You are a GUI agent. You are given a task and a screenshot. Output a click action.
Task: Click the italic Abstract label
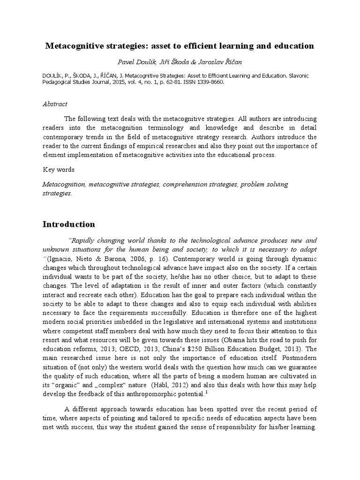tap(55, 104)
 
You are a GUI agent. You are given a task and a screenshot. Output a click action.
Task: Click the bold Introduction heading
tap(68, 224)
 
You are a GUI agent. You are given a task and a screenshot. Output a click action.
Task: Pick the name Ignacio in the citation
tap(60, 259)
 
